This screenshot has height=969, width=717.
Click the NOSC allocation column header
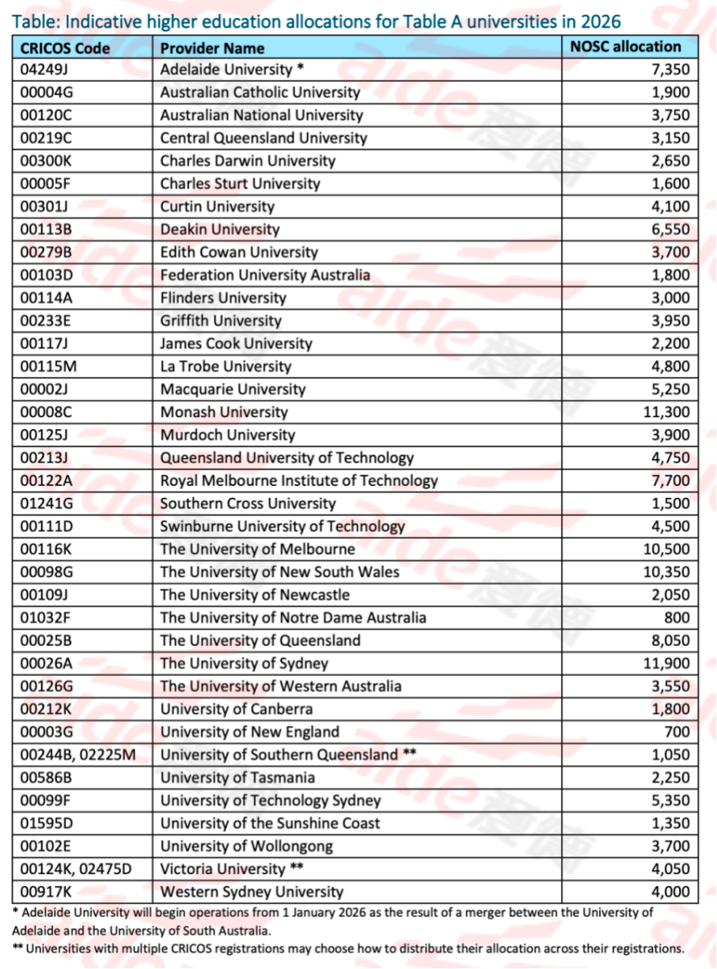click(x=625, y=47)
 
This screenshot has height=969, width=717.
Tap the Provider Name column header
click(x=212, y=47)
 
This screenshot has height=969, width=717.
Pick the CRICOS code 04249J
click(x=47, y=70)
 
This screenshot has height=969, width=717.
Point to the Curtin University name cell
click(x=217, y=207)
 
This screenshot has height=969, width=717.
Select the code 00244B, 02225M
click(x=78, y=754)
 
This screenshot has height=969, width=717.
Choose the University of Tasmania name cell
click(x=237, y=777)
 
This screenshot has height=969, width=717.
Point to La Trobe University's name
click(x=226, y=367)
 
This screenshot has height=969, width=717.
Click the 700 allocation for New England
click(x=677, y=732)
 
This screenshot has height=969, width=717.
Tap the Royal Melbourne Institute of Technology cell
click(x=298, y=481)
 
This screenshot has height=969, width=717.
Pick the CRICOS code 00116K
click(x=48, y=549)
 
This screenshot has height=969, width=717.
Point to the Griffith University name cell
click(x=220, y=321)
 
